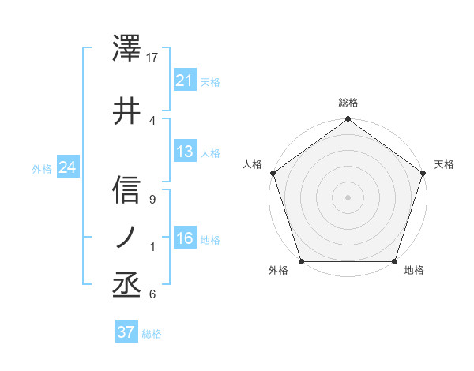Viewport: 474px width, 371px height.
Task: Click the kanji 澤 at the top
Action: point(127,49)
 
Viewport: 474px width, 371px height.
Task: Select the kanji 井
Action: point(127,110)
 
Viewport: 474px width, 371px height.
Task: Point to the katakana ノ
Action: point(127,238)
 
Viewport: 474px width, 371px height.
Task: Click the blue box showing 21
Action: point(185,81)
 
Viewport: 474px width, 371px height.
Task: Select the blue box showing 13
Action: point(185,152)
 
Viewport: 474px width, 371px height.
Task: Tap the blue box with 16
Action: point(185,238)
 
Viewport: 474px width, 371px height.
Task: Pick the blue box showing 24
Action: point(68,167)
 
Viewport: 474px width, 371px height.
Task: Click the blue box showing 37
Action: point(126,332)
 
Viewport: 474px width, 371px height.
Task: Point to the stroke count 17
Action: point(153,57)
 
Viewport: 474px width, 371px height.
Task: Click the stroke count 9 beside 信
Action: point(152,200)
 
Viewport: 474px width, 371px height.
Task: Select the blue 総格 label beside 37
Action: point(152,334)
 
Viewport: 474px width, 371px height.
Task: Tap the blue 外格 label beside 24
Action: point(42,169)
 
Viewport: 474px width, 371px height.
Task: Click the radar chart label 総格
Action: point(348,103)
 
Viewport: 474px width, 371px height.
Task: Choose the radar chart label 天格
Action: point(444,164)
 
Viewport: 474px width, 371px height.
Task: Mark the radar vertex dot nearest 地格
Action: point(395,261)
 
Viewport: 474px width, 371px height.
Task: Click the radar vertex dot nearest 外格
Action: point(301,261)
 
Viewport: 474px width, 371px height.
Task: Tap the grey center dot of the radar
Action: point(348,197)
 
